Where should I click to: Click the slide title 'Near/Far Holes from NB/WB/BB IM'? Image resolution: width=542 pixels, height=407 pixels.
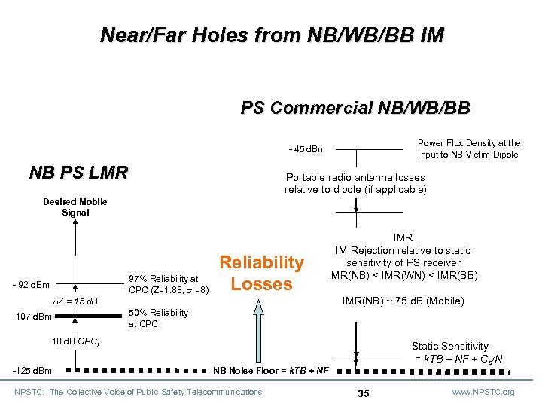[x=272, y=35]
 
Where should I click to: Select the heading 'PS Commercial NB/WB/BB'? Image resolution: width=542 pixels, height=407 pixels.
[x=355, y=108]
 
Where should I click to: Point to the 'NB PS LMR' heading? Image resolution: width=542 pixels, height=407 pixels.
[x=78, y=173]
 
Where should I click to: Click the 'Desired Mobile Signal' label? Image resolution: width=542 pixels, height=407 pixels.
[x=75, y=207]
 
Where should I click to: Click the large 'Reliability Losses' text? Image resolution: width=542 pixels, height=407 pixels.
[x=261, y=273]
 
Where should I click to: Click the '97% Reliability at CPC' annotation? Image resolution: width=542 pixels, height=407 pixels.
[x=164, y=284]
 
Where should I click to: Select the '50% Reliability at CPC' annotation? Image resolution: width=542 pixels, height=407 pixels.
[x=159, y=318]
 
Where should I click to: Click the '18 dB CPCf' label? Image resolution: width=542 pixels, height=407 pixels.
[x=76, y=341]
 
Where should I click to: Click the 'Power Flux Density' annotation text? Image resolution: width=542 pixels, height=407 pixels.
[x=469, y=148]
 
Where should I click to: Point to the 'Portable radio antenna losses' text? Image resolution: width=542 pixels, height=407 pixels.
[x=355, y=183]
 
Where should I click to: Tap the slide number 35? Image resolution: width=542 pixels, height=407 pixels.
[x=364, y=393]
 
